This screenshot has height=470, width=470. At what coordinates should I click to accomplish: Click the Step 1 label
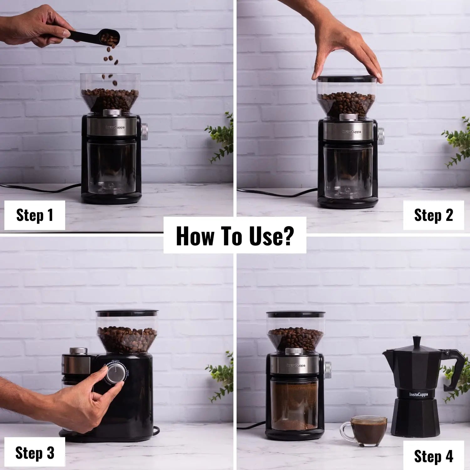coord(34,215)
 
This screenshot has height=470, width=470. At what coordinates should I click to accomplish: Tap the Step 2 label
coord(433,215)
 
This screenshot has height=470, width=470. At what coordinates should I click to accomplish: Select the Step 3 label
coord(34,453)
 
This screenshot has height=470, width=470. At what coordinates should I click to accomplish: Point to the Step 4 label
coord(433,456)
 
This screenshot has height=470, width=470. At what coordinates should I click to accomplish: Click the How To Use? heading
coord(235,236)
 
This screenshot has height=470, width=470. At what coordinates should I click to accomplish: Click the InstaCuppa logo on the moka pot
coord(418,394)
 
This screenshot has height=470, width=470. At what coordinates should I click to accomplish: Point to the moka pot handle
coord(455,370)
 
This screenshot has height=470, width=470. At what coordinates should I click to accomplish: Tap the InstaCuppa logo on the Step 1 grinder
coord(114,128)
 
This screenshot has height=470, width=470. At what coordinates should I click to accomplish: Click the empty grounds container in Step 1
coord(111,166)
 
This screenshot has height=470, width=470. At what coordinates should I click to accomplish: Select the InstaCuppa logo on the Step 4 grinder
coord(295,365)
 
